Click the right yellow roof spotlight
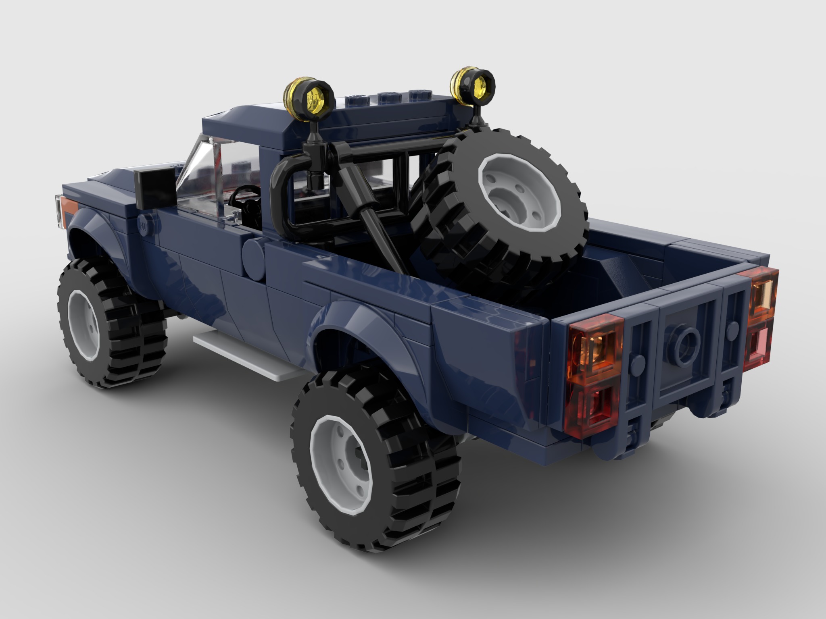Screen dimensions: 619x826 [473, 86]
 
